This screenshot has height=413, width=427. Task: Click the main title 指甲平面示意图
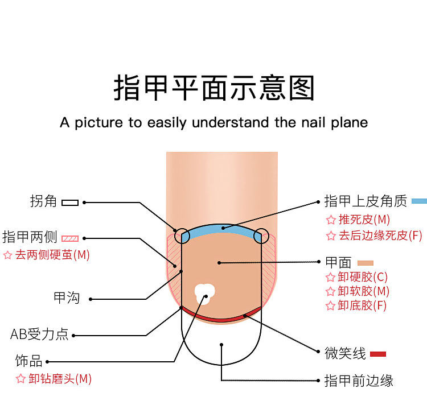point(213,88)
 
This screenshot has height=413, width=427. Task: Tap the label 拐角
point(44,201)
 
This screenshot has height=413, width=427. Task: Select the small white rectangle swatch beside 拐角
point(70,202)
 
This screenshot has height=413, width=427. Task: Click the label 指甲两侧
point(30,237)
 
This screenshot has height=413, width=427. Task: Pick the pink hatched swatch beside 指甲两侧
point(70,238)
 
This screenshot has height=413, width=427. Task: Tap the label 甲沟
point(67,298)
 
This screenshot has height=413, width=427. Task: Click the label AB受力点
point(39,334)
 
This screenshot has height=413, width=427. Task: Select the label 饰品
point(28,361)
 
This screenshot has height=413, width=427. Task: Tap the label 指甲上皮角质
point(366,201)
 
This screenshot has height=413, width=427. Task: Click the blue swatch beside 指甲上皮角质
point(419,201)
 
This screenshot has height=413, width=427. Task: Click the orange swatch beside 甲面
point(365,263)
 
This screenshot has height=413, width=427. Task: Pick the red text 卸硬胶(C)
point(363,277)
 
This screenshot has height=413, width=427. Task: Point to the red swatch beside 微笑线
point(378,354)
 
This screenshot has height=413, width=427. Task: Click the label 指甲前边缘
point(359,380)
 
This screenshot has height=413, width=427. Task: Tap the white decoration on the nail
point(204,292)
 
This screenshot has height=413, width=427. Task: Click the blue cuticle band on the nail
point(222,229)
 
